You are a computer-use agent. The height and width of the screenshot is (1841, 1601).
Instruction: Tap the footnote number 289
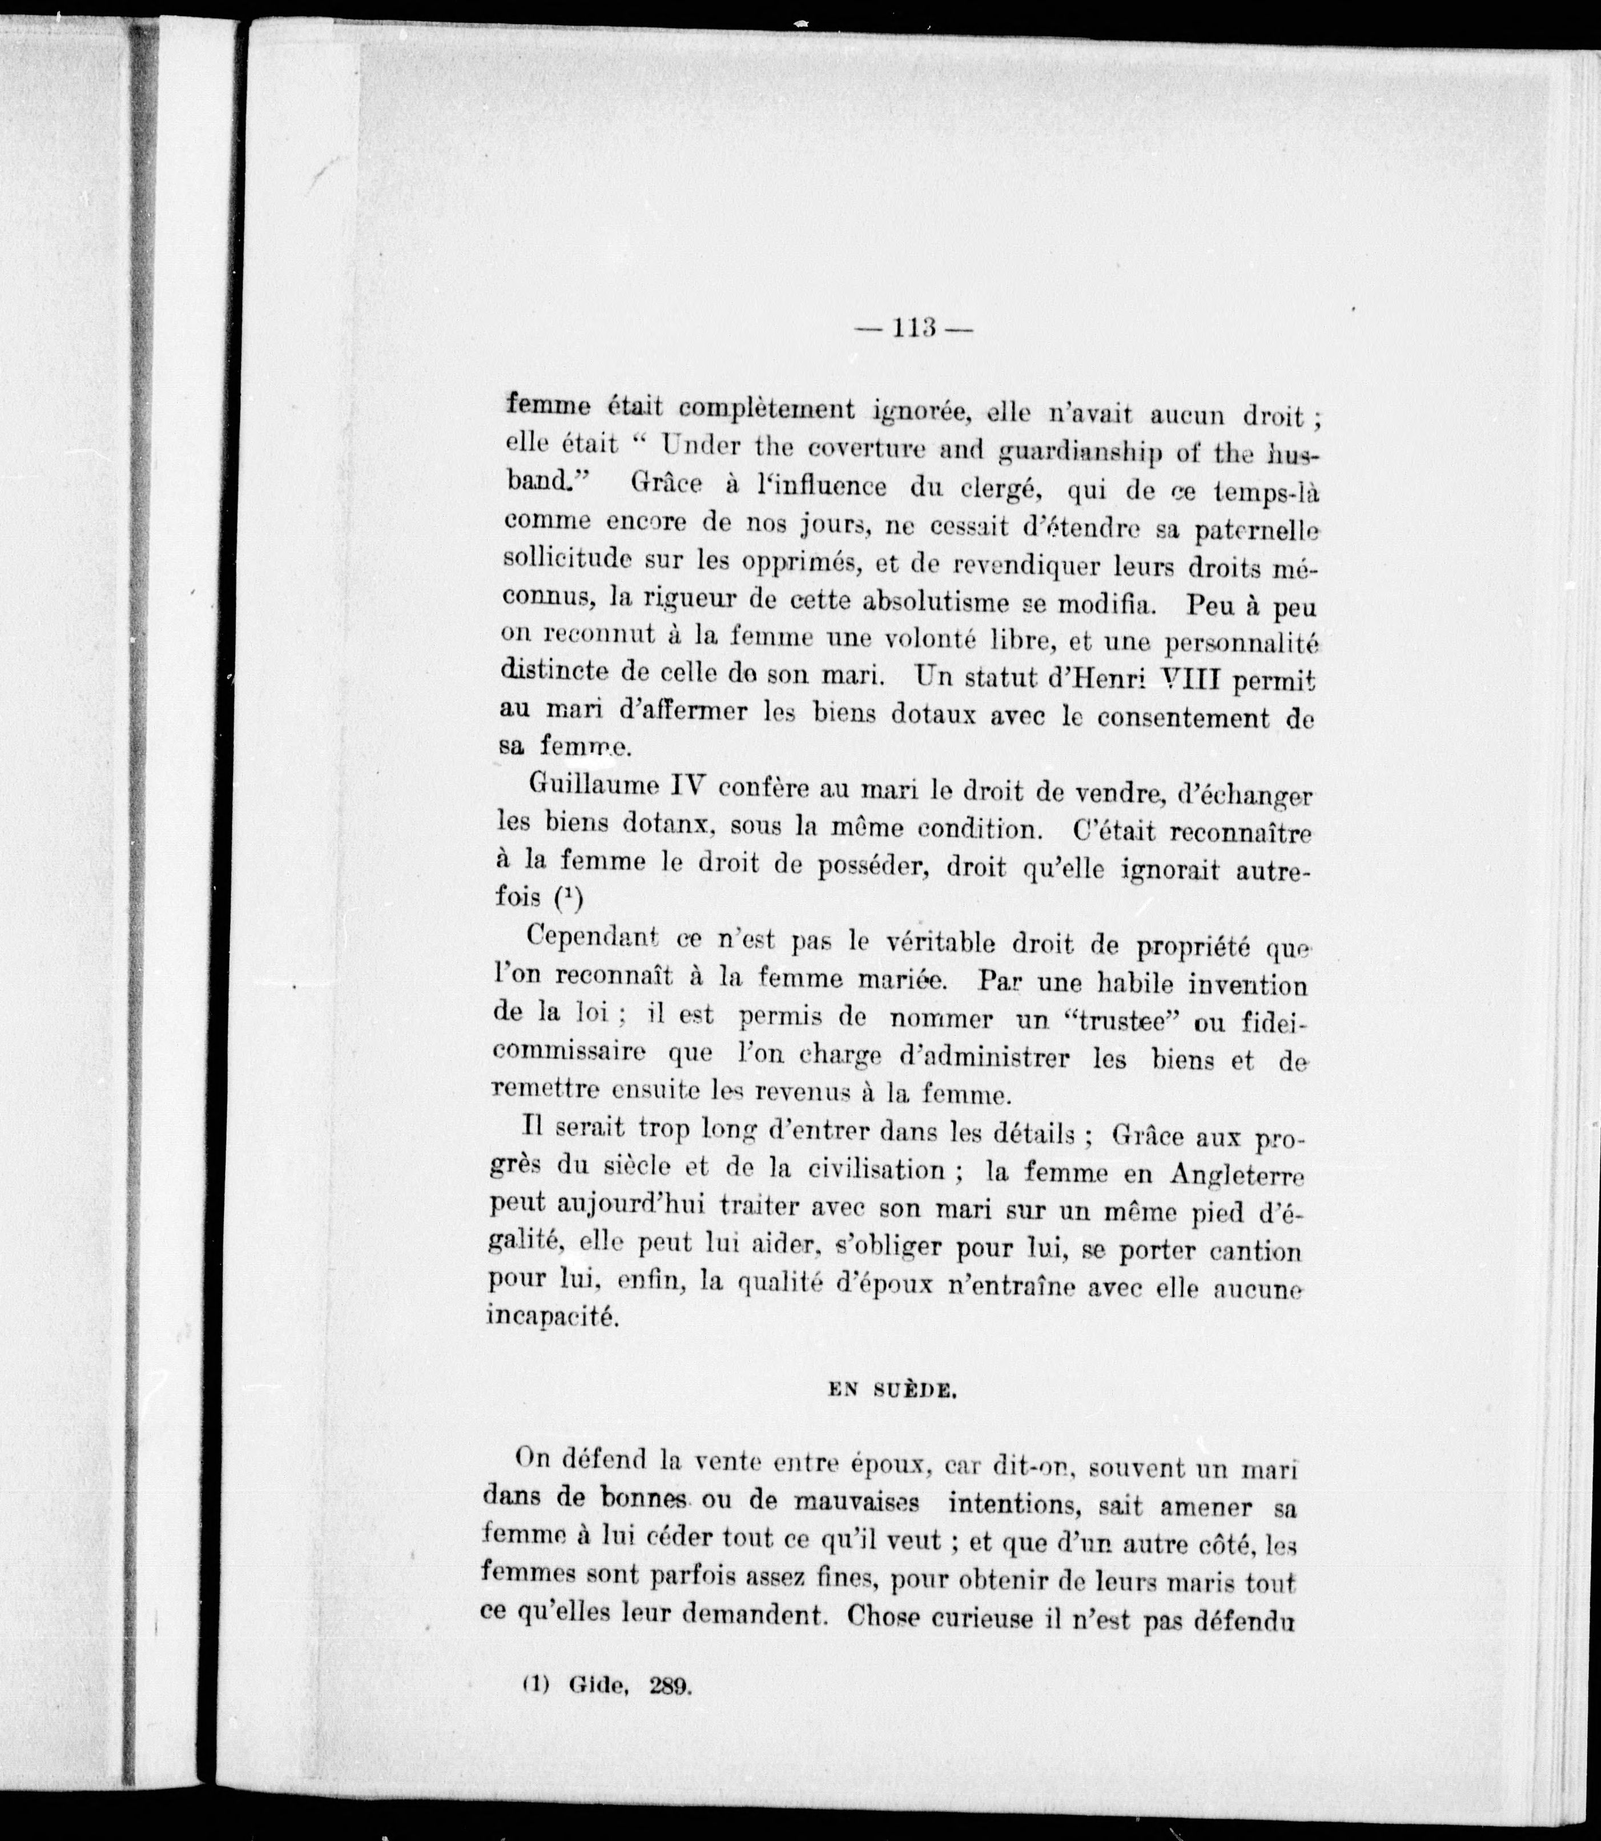671,1711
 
